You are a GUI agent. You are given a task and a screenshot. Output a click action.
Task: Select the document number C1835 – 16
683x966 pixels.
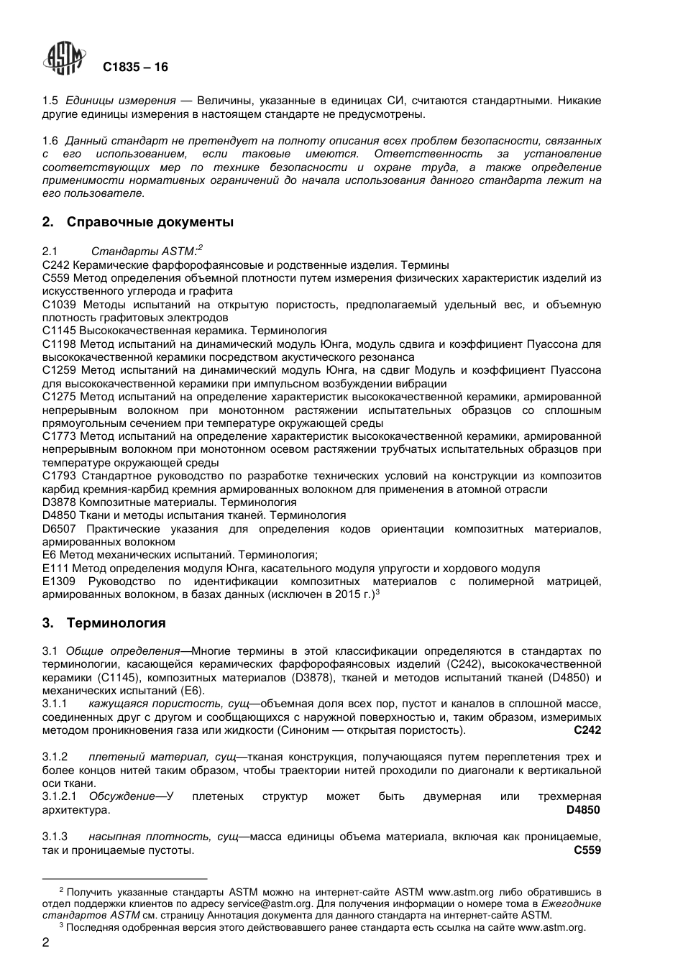[135, 67]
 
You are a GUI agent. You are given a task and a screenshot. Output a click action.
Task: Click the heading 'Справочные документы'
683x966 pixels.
[150, 222]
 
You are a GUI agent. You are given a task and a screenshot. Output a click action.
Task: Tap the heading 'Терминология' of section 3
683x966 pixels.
[116, 622]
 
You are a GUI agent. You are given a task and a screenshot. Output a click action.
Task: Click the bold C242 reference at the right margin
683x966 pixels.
[587, 730]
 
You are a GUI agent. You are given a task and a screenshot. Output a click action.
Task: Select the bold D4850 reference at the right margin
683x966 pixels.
[583, 810]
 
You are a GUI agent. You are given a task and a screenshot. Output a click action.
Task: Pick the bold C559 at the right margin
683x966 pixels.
[587, 850]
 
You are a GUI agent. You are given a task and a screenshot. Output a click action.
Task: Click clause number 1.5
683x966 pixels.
[50, 101]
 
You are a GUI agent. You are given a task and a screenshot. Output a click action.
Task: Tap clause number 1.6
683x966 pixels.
[50, 141]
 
